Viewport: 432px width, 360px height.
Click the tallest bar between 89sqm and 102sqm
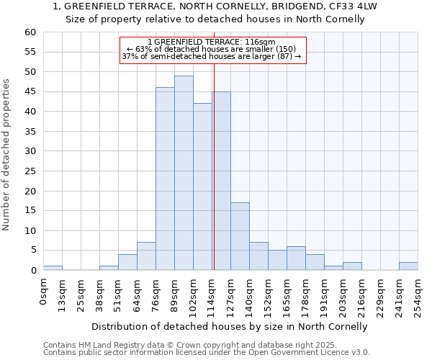pos(184,173)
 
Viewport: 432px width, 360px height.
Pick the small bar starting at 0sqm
pos(53,268)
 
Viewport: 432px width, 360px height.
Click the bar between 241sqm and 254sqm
pos(408,266)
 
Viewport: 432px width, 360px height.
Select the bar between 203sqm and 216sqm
pos(352,266)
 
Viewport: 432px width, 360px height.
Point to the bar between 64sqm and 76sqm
pos(146,256)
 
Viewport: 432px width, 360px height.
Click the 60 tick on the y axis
pos(30,32)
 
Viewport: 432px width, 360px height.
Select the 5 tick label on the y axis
pos(32,251)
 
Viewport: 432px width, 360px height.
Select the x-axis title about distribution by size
pos(230,326)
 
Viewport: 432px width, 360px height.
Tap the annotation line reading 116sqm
pos(211,42)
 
